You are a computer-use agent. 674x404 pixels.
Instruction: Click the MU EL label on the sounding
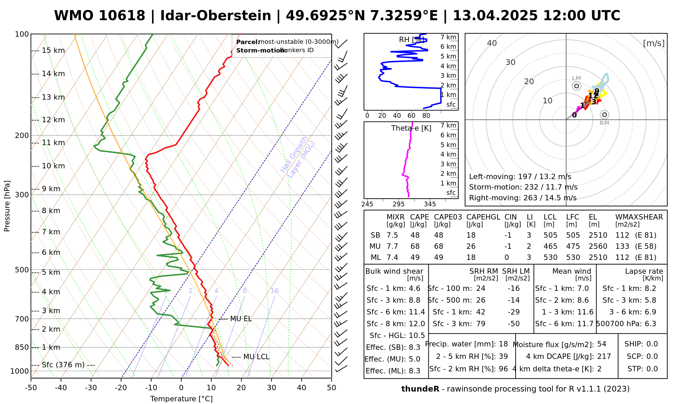[x=241, y=319]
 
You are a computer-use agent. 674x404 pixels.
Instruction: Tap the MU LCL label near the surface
[x=256, y=357]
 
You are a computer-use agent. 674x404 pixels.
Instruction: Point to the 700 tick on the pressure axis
[x=22, y=319]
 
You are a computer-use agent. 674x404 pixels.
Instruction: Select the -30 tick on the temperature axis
[x=91, y=388]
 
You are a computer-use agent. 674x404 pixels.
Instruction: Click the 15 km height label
[x=53, y=50]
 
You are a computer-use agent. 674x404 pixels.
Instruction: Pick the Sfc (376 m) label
[x=68, y=365]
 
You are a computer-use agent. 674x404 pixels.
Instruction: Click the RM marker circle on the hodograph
[x=605, y=115]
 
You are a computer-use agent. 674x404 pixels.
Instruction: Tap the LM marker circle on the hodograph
[x=577, y=86]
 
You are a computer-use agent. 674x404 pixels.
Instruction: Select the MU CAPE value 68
[x=415, y=246]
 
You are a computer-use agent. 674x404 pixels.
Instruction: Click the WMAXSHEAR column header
[x=639, y=217]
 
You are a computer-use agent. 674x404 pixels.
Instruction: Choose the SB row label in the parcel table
[x=375, y=235]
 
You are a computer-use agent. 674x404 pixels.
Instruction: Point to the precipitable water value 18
[x=503, y=344]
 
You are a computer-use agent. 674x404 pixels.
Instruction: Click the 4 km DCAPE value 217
[x=604, y=357]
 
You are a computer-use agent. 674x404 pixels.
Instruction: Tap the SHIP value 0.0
[x=652, y=344]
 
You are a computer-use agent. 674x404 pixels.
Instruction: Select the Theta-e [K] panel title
[x=411, y=128]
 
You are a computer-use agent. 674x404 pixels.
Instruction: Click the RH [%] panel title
[x=411, y=40]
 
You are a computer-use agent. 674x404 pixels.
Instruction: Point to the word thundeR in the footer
[x=420, y=389]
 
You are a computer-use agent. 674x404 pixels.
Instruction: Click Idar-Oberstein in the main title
[x=216, y=16]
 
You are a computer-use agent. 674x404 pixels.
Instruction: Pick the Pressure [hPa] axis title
[x=7, y=206]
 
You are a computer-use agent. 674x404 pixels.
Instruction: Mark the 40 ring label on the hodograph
[x=492, y=43]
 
